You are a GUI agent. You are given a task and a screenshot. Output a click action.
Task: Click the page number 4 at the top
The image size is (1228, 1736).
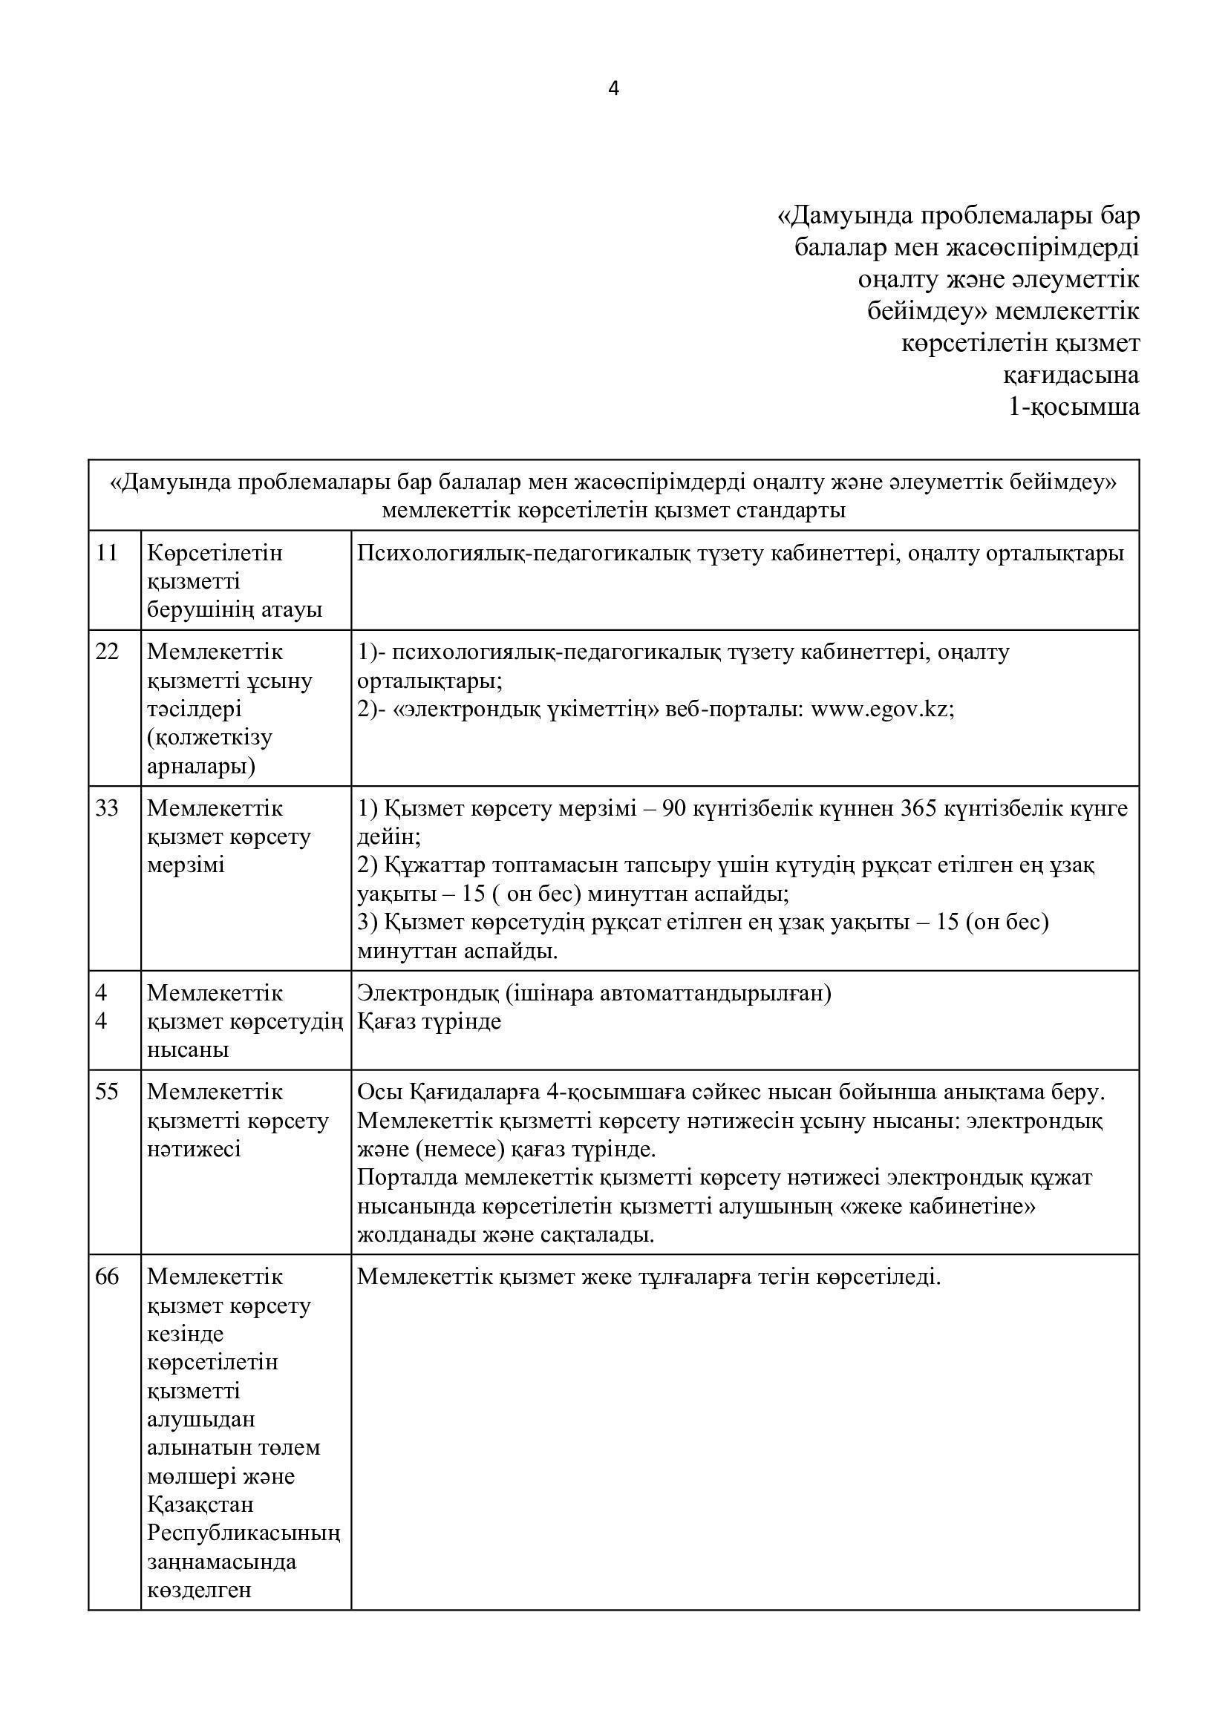[x=613, y=89]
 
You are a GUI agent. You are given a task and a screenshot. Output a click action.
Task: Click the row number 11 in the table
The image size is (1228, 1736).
[x=108, y=554]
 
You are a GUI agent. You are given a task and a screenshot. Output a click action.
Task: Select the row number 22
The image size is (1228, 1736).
[x=108, y=652]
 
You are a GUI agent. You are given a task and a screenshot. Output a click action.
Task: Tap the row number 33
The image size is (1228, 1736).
[x=108, y=808]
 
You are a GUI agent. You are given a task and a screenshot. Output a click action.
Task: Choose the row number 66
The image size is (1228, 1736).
[x=108, y=1277]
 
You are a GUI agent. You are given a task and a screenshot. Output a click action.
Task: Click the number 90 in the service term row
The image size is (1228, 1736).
[x=674, y=808]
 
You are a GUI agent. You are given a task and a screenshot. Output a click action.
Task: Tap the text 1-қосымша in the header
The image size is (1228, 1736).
[x=1074, y=407]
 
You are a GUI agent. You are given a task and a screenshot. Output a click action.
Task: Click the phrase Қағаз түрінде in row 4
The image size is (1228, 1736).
[x=428, y=1021]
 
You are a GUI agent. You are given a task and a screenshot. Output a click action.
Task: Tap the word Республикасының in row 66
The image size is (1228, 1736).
[x=244, y=1533]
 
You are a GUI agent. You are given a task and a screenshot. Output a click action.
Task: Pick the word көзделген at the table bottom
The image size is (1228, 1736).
[x=199, y=1590]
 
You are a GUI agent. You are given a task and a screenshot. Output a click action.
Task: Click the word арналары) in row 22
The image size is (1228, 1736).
[x=201, y=767]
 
